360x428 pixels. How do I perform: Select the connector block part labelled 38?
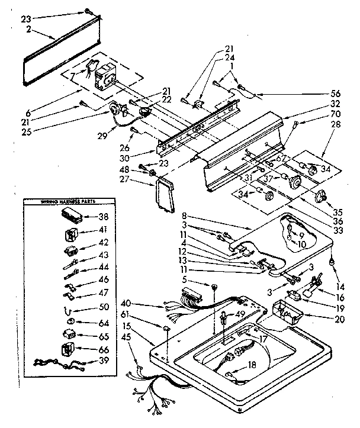point(71,216)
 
